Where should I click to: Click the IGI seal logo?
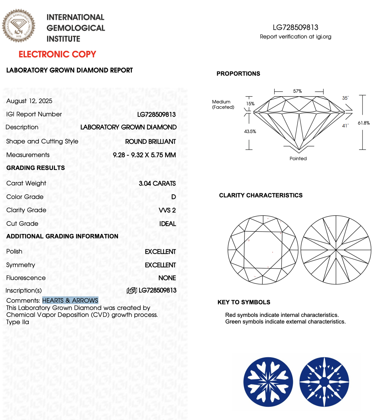tap(19, 26)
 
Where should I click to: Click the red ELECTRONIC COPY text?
tap(57, 54)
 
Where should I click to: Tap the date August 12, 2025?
tap(29, 101)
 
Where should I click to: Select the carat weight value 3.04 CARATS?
tap(157, 184)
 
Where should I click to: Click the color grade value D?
tap(174, 197)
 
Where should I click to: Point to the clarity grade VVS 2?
tap(167, 210)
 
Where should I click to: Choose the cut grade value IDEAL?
tap(168, 224)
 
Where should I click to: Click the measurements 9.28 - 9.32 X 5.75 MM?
tap(144, 155)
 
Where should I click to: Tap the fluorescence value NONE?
tap(167, 278)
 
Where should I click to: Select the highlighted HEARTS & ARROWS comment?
tap(70, 300)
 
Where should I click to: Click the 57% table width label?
tap(298, 91)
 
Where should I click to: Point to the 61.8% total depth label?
tap(363, 123)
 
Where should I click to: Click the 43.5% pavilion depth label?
tap(250, 131)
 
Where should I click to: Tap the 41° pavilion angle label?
tap(345, 126)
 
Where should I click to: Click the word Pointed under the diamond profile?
tap(298, 159)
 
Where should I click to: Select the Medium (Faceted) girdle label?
tap(223, 104)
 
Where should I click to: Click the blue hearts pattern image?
tap(268, 382)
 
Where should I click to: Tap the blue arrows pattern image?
tap(324, 382)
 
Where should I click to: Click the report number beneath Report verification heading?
tap(295, 27)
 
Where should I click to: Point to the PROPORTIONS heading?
tap(238, 74)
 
